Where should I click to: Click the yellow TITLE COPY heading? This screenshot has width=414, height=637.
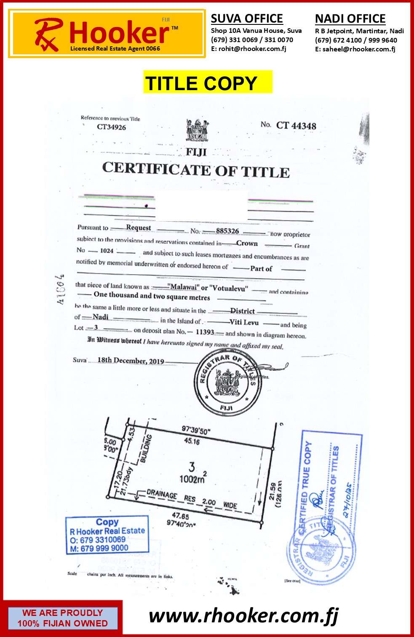pyautogui.click(x=207, y=83)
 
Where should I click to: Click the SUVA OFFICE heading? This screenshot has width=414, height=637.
pyautogui.click(x=247, y=19)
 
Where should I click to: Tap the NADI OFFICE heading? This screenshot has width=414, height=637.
pyautogui.click(x=350, y=19)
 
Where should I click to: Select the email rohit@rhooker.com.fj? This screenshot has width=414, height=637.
pyautogui.click(x=248, y=49)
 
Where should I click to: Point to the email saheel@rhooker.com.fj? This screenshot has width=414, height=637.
pyautogui.click(x=355, y=49)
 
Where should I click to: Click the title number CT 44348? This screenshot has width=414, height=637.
pyautogui.click(x=296, y=126)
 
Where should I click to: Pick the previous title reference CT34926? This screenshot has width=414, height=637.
pyautogui.click(x=111, y=127)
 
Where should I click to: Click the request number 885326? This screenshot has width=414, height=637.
pyautogui.click(x=227, y=231)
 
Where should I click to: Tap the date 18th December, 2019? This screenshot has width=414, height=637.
pyautogui.click(x=131, y=361)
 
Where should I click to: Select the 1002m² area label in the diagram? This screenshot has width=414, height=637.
pyautogui.click(x=192, y=479)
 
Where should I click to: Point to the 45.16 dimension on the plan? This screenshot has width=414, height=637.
pyautogui.click(x=192, y=441)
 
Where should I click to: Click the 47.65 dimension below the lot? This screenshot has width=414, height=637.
pyautogui.click(x=180, y=515)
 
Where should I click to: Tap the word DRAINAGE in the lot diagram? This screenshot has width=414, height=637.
pyautogui.click(x=162, y=495)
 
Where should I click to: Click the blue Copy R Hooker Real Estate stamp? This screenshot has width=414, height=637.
pyautogui.click(x=107, y=534)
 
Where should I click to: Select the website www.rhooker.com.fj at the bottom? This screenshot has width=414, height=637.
pyautogui.click(x=243, y=616)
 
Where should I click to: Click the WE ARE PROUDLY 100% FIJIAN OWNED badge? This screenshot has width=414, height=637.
pyautogui.click(x=62, y=618)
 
